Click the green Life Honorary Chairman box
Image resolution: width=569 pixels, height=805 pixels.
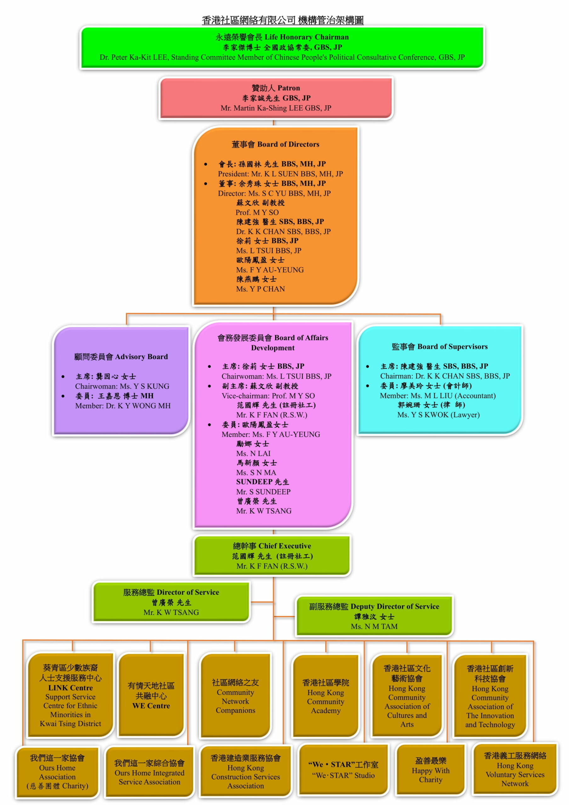pyautogui.click(x=282, y=47)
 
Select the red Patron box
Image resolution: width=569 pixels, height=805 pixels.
pyautogui.click(x=276, y=98)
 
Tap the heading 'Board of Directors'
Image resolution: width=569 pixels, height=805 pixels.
pyautogui.click(x=276, y=144)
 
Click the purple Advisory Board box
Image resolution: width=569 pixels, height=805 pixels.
pyautogui.click(x=122, y=380)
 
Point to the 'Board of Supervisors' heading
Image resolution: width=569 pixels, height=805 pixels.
pyautogui.click(x=440, y=347)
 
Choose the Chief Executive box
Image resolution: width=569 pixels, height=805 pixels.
pyautogui.click(x=272, y=556)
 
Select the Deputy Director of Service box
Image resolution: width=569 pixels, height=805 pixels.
pyautogui.click(x=374, y=616)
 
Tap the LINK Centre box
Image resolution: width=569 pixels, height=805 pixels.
pyautogui.click(x=71, y=695)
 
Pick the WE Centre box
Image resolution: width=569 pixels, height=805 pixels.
pyautogui.click(x=151, y=695)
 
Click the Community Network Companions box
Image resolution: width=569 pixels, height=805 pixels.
pyautogui.click(x=236, y=696)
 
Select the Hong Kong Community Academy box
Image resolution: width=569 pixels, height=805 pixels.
pyautogui.click(x=326, y=696)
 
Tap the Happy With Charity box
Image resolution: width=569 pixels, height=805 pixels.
pyautogui.click(x=431, y=770)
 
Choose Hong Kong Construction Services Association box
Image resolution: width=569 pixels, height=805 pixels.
pyautogui.click(x=246, y=771)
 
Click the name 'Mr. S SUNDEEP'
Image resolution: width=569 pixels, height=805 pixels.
pyautogui.click(x=263, y=491)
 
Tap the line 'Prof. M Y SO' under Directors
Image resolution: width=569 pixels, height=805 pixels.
pyautogui.click(x=257, y=213)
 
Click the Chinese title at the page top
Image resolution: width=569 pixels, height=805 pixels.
pyautogui.click(x=282, y=20)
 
